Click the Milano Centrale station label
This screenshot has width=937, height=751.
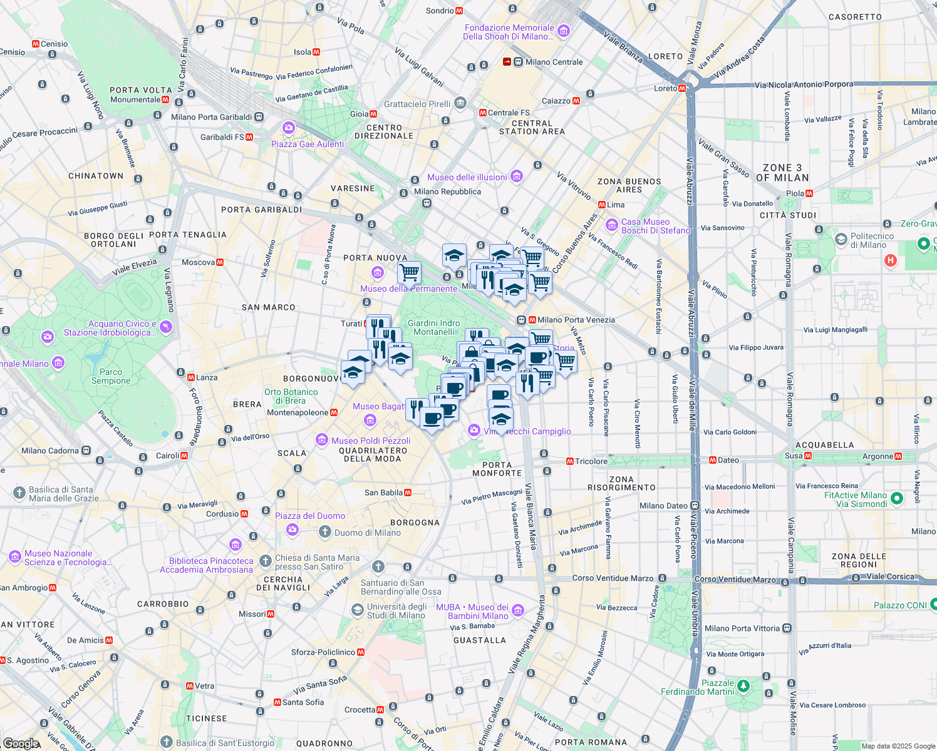point(554,62)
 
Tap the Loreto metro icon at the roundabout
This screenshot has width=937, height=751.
point(682,88)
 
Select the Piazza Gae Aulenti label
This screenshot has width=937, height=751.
point(308,144)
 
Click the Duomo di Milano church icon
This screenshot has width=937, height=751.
point(324,533)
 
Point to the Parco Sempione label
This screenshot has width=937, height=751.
point(111,376)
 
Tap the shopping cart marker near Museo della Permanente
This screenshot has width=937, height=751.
point(409,273)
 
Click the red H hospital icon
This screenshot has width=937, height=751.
point(891,260)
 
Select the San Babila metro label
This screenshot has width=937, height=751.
point(383,493)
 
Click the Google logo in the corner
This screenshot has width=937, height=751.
point(21,743)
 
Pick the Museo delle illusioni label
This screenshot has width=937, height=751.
point(467,177)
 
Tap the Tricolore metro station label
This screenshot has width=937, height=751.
point(591,461)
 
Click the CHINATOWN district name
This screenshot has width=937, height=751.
point(96,176)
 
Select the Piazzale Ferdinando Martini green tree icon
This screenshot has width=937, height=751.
point(743,687)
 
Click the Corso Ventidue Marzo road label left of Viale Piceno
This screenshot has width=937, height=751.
point(613,578)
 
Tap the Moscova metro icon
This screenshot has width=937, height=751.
point(220,262)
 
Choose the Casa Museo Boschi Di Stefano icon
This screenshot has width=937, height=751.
point(611,225)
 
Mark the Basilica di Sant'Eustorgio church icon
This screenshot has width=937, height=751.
point(166,742)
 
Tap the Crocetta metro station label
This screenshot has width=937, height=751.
point(360,710)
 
